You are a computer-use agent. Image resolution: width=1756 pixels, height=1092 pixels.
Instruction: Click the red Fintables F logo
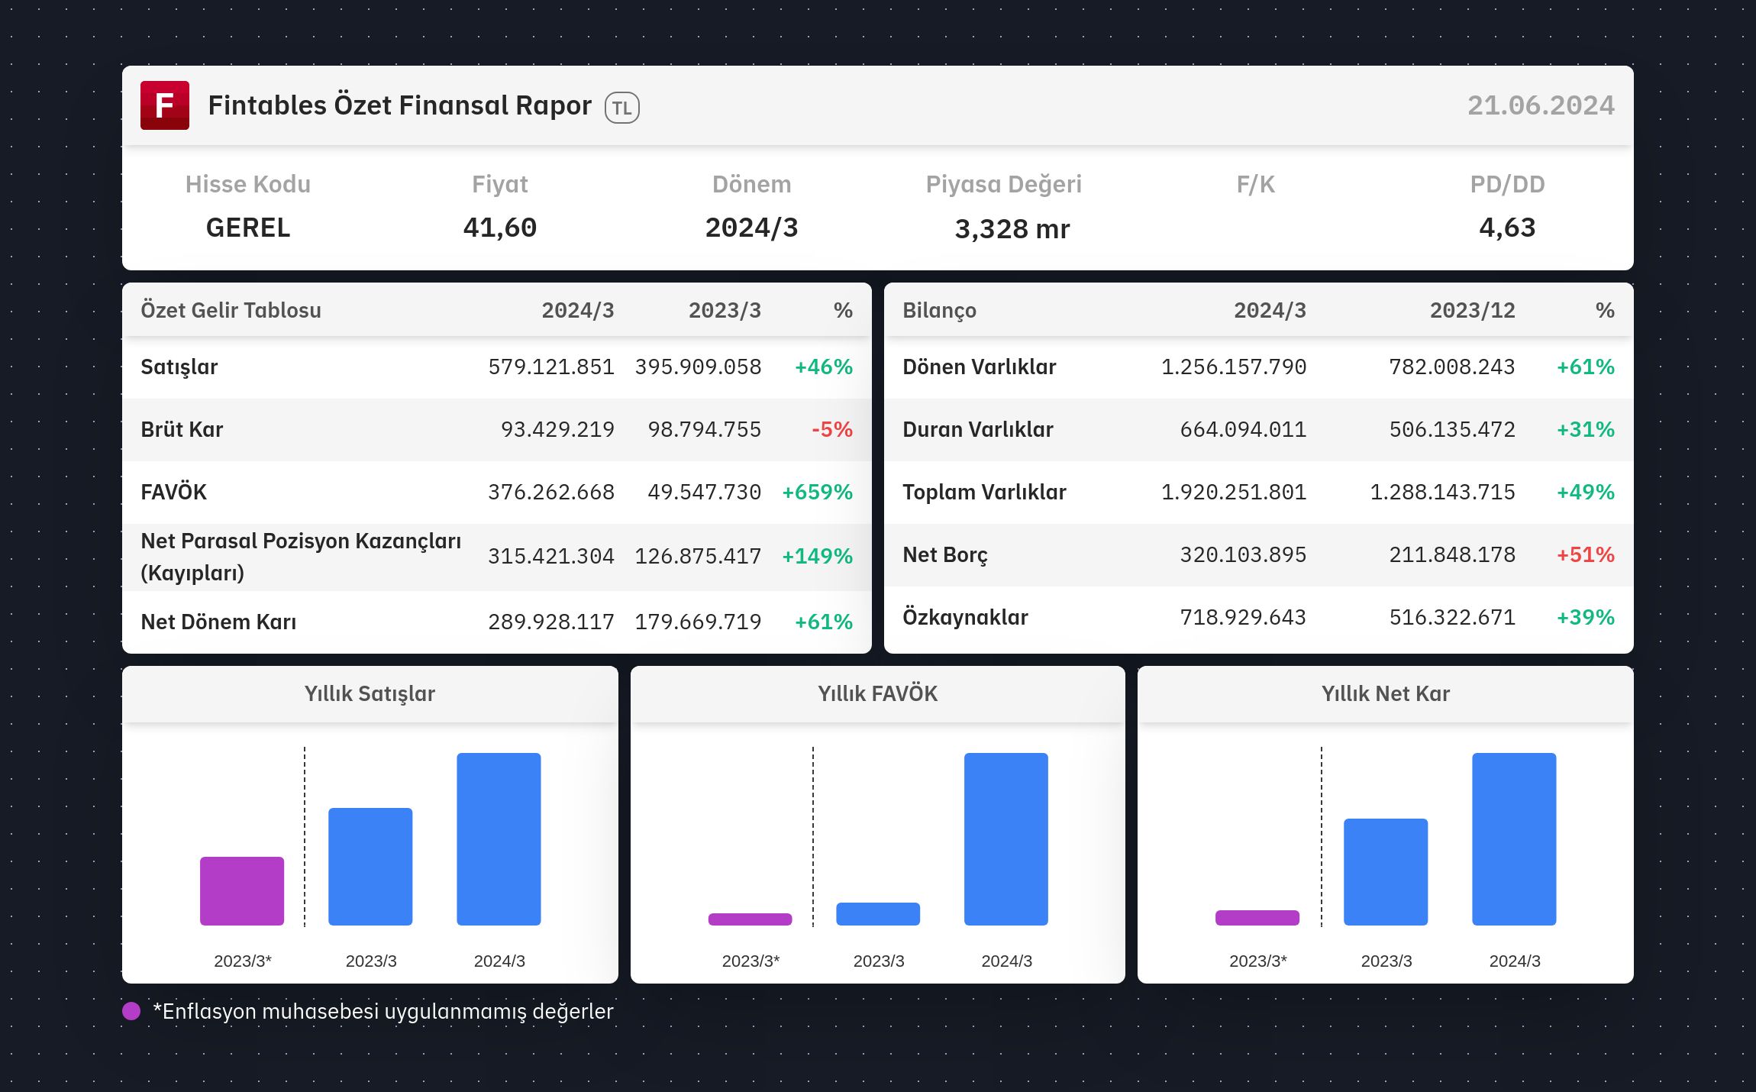point(165,105)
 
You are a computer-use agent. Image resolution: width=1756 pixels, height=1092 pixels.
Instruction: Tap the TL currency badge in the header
point(622,108)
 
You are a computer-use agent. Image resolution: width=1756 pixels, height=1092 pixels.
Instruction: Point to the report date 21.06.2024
point(1541,105)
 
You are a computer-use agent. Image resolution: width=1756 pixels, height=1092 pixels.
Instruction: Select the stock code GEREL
point(248,228)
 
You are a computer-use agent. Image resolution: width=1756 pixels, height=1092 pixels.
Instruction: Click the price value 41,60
point(500,228)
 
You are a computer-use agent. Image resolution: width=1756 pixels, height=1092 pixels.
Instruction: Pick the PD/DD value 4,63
point(1507,228)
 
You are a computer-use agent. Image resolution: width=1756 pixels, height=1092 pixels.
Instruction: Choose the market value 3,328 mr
point(1012,229)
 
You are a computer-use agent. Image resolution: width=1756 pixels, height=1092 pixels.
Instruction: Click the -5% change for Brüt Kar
point(832,429)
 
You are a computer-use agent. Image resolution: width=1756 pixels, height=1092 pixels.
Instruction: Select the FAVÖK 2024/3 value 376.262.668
point(551,492)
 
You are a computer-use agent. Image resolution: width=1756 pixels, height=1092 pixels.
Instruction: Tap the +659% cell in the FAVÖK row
point(817,492)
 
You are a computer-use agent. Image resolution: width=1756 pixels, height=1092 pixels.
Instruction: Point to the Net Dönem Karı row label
point(218,622)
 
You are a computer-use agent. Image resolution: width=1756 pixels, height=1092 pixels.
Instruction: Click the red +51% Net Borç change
point(1586,554)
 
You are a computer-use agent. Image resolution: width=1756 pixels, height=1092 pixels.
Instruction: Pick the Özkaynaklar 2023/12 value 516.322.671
point(1452,617)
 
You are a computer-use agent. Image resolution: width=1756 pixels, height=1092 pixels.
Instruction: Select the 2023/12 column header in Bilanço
point(1473,310)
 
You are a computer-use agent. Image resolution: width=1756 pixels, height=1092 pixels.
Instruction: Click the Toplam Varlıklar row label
point(984,492)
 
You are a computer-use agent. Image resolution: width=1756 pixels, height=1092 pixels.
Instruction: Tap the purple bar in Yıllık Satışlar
point(242,891)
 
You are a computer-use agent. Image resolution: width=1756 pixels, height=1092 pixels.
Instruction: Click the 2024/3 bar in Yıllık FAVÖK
point(1006,839)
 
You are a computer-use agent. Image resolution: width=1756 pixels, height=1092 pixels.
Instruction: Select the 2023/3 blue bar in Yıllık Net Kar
point(1386,872)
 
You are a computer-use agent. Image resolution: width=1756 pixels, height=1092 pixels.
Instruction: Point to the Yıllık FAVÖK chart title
point(878,693)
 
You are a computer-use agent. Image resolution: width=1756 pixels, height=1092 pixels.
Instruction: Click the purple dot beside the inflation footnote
point(131,1011)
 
